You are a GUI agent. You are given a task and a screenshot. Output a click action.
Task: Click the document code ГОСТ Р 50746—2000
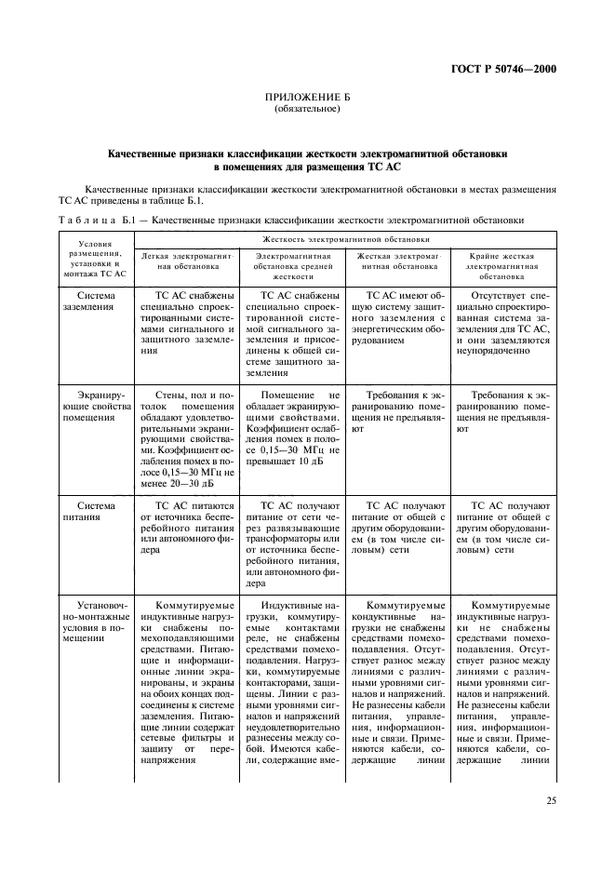(501, 67)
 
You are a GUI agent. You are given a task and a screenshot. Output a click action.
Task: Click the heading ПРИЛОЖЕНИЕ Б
(307, 97)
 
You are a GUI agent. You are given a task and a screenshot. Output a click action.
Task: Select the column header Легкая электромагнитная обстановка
(187, 260)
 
